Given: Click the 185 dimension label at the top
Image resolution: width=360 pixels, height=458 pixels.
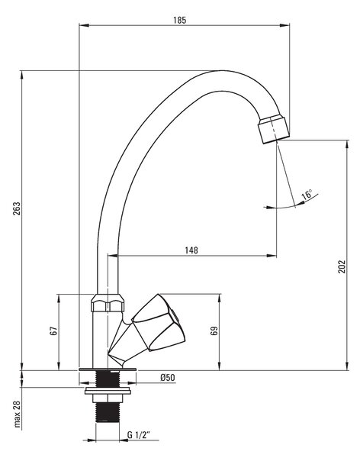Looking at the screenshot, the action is click(179, 20).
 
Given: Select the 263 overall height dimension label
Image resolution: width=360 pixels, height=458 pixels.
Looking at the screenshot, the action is click(16, 208).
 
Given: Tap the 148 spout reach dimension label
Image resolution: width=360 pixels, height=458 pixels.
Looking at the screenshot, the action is click(191, 250).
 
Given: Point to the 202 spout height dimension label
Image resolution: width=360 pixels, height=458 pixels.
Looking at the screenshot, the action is click(342, 266).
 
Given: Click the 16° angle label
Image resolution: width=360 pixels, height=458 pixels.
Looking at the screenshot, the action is click(307, 195).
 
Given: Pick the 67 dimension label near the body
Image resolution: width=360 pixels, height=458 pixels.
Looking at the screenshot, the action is click(53, 331).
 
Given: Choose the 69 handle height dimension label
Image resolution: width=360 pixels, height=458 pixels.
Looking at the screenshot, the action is click(214, 331).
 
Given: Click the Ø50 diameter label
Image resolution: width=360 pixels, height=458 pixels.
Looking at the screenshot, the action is click(168, 378).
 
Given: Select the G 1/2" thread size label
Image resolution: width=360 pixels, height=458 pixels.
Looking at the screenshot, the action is click(138, 435).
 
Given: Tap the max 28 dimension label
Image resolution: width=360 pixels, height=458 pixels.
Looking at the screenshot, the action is click(18, 414).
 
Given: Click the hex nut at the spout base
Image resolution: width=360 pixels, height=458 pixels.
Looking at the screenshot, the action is click(108, 303).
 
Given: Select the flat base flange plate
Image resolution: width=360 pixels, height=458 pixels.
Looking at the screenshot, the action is click(108, 369).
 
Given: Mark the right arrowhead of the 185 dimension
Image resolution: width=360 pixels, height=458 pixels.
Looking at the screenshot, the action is click(284, 25).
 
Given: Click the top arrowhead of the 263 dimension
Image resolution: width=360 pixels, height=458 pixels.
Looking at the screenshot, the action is click(22, 76).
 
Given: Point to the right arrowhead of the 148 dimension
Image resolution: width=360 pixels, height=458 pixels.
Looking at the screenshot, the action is click(272, 256).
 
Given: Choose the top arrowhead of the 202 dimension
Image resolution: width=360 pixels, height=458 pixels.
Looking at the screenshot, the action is click(348, 145).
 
